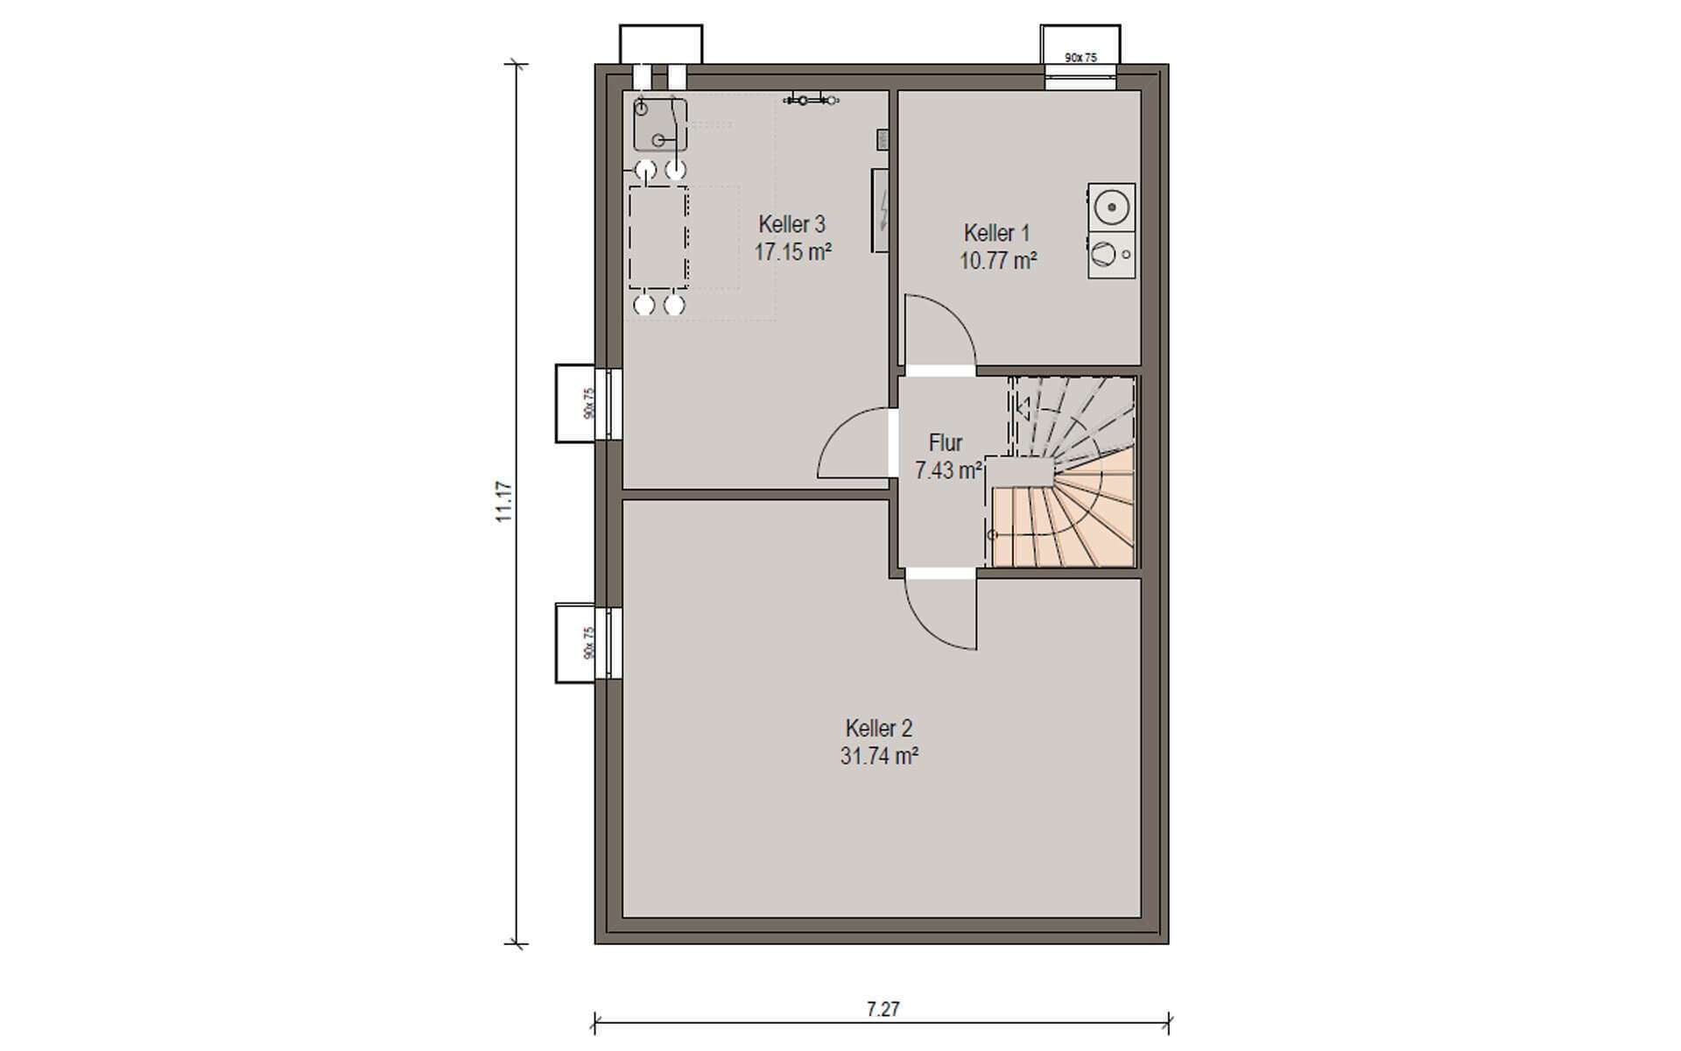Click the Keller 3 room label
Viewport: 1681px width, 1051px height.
pyautogui.click(x=791, y=224)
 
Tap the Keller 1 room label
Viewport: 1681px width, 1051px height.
pyautogui.click(x=996, y=233)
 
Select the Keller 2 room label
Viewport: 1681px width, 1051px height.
pyautogui.click(x=879, y=728)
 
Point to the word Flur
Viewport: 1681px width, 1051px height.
pyautogui.click(x=946, y=442)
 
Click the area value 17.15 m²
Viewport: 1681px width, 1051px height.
pyautogui.click(x=792, y=252)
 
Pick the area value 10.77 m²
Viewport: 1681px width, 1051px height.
pyautogui.click(x=998, y=261)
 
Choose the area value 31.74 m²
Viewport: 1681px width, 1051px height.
pyautogui.click(x=879, y=756)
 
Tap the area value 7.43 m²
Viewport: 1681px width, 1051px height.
pyautogui.click(x=948, y=470)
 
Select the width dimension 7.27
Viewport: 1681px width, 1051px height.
pyautogui.click(x=883, y=1009)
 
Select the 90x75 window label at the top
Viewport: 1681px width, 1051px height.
pyautogui.click(x=1080, y=58)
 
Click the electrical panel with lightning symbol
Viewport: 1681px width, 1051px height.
pyautogui.click(x=881, y=210)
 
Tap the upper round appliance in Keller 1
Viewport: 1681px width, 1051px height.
pyautogui.click(x=1111, y=208)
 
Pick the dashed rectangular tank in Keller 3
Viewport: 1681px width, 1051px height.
pyautogui.click(x=658, y=237)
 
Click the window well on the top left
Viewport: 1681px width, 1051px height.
pyautogui.click(x=661, y=45)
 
